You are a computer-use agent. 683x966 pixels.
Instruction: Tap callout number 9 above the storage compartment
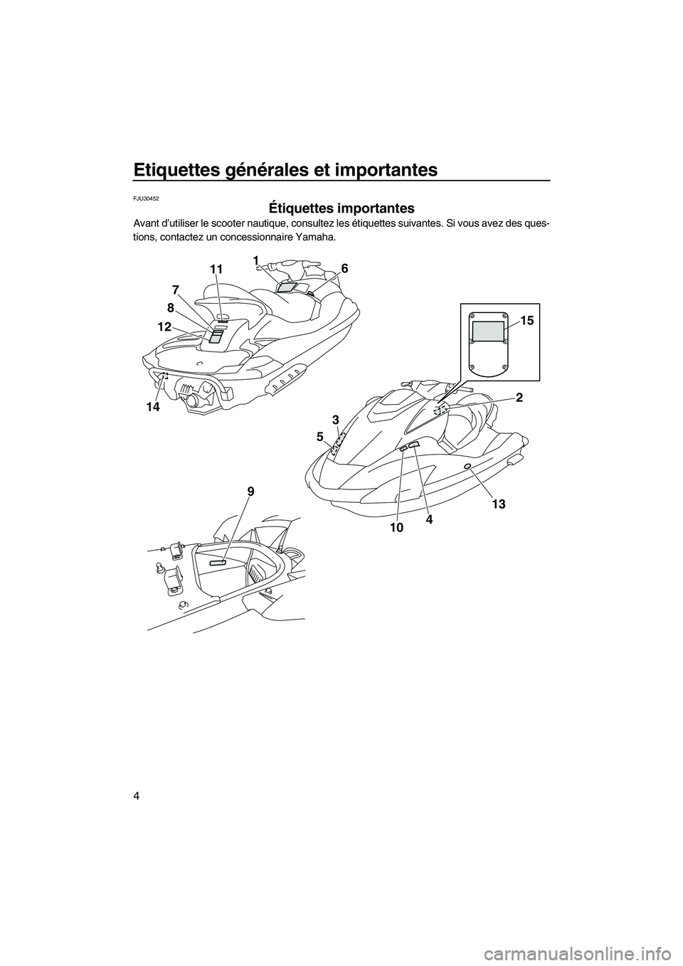[x=250, y=492]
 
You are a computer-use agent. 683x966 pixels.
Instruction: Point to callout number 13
[x=498, y=504]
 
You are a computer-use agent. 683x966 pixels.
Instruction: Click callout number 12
[x=164, y=327]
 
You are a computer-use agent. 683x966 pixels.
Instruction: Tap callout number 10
[x=397, y=527]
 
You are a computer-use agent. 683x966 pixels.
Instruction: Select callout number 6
[x=344, y=267]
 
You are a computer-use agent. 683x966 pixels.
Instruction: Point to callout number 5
[x=319, y=437]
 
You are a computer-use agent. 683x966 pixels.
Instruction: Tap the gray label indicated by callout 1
[x=285, y=287]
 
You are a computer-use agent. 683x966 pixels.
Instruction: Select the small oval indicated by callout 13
[x=467, y=466]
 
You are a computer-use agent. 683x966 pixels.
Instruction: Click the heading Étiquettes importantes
[x=341, y=208]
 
